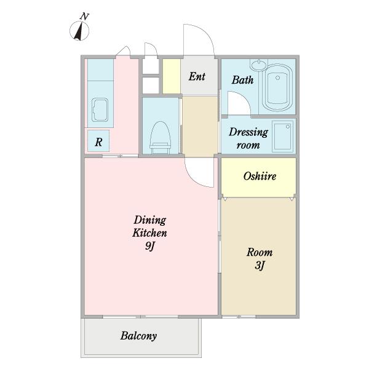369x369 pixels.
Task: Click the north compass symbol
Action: (79, 31)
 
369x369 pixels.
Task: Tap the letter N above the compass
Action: (84, 17)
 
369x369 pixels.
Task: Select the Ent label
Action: (197, 76)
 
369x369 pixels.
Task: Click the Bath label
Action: (242, 80)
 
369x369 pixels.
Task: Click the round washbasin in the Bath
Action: (259, 65)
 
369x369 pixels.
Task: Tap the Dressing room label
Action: (248, 138)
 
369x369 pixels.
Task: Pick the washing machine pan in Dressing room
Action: (283, 137)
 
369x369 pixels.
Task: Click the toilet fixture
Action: (161, 137)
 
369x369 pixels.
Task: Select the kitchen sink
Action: (100, 109)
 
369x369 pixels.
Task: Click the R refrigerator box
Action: (98, 141)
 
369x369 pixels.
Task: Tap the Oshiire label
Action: (260, 177)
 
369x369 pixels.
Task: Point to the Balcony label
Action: (138, 336)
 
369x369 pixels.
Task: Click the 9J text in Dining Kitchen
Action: (149, 246)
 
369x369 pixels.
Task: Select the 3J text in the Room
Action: (260, 266)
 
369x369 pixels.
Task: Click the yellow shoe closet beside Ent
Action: (172, 76)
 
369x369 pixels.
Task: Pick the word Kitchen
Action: (149, 233)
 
